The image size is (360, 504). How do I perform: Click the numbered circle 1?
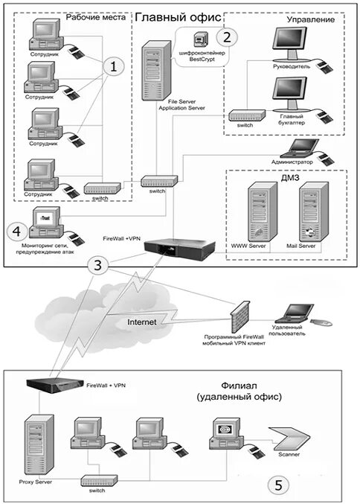tap(113, 66)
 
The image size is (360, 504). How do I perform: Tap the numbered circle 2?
tap(227, 37)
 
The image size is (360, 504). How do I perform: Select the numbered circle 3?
tap(97, 265)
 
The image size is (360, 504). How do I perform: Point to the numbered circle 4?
tap(17, 231)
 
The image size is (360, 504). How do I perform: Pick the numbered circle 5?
tap(278, 485)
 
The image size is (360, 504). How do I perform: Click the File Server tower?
tap(156, 70)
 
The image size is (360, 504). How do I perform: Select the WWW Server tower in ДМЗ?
tap(262, 212)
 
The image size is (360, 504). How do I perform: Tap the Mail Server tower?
tap(313, 212)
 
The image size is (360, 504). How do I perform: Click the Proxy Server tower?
tap(39, 445)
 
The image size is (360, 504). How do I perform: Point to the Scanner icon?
tap(289, 438)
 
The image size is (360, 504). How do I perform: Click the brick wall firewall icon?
tap(240, 317)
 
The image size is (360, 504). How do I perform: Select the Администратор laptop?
tap(299, 148)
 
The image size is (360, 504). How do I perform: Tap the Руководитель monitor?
tap(289, 44)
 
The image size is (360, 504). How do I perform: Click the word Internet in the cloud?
tap(142, 322)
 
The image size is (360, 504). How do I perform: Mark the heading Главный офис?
tap(178, 17)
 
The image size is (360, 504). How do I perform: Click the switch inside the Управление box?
tap(247, 115)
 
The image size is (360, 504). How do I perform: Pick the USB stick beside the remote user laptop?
tap(321, 322)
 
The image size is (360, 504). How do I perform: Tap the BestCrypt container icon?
tap(200, 39)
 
